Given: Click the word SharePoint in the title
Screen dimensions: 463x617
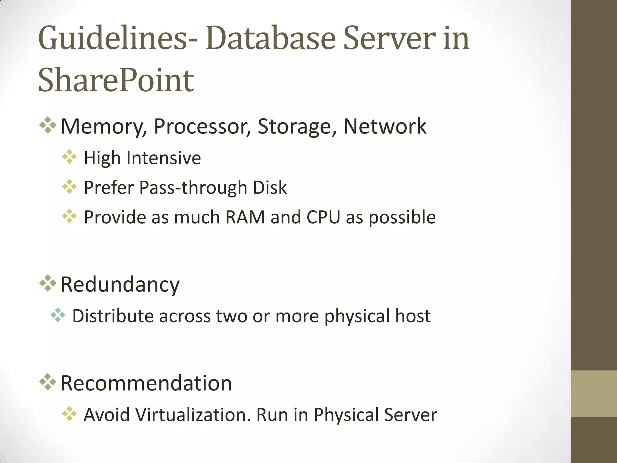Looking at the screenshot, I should click(116, 80).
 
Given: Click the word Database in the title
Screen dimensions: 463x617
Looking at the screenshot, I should click(271, 39).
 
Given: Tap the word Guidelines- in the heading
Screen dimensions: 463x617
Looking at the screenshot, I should click(118, 39).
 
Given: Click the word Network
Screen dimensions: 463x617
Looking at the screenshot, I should click(385, 126).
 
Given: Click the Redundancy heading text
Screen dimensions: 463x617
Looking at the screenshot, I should click(120, 285).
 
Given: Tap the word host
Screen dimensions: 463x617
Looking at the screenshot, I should click(413, 316).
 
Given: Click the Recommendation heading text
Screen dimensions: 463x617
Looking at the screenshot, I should click(146, 383).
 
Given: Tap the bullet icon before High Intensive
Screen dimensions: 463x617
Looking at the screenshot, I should click(69, 157).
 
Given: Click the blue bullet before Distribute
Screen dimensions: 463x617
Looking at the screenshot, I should click(58, 315).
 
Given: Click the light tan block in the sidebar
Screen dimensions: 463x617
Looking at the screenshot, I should click(594, 393).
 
